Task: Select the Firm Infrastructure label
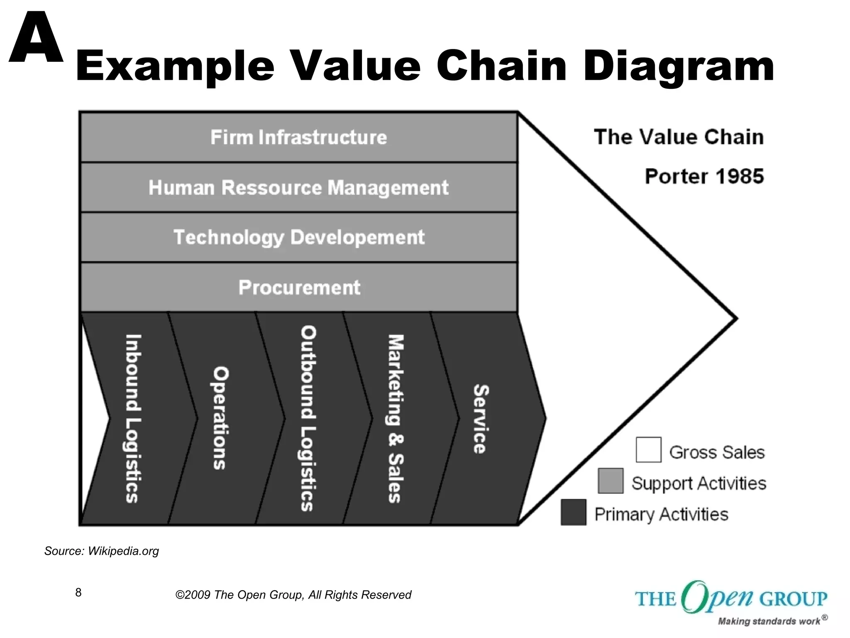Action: [298, 137]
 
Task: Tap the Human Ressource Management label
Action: [298, 188]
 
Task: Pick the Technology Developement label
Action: [298, 238]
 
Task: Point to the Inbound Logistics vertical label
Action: [133, 418]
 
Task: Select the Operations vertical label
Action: [220, 417]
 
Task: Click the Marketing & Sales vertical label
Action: [396, 419]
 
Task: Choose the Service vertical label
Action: [481, 419]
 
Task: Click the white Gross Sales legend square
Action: [648, 449]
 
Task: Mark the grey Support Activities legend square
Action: [611, 481]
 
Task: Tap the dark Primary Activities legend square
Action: [573, 512]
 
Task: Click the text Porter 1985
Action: [704, 177]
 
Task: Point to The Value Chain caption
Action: [679, 137]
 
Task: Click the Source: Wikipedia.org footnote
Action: [102, 551]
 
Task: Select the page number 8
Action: [78, 592]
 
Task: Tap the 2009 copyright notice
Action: [293, 595]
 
